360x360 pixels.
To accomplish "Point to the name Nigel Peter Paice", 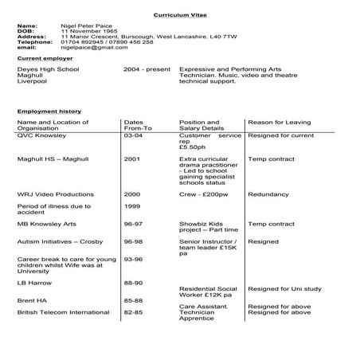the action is (x=87, y=25).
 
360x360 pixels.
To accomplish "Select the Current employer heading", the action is (x=45, y=58).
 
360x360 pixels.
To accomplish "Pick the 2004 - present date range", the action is (x=147, y=69).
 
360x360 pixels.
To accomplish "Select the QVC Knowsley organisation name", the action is (x=41, y=135).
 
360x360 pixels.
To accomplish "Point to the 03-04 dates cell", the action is (x=133, y=135).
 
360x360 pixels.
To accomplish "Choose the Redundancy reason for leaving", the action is (x=268, y=194).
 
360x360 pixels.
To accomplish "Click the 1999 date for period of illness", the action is (x=131, y=205).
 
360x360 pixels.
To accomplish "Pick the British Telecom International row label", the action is (x=62, y=312).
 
